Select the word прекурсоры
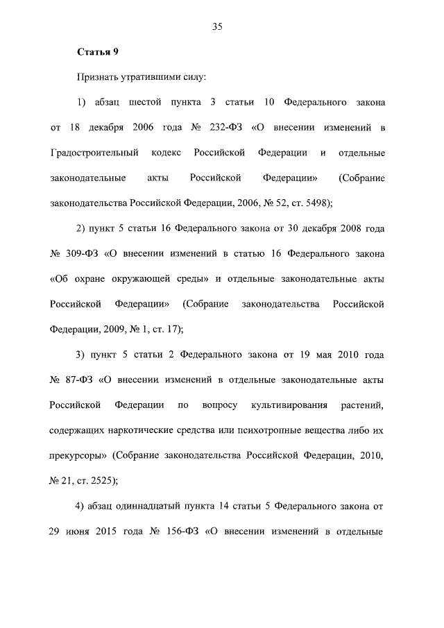79,455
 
